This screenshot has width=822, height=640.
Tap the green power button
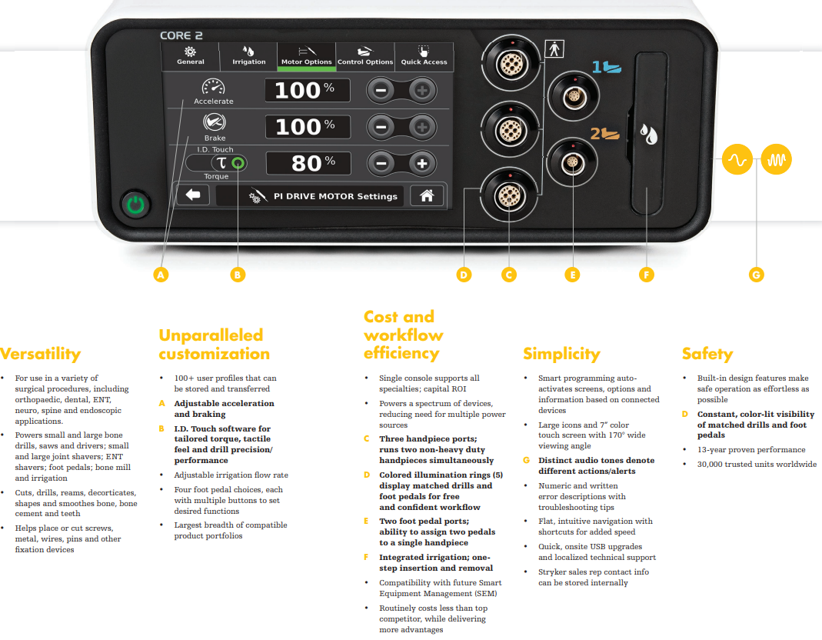136,204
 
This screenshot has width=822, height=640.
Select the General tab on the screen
190,56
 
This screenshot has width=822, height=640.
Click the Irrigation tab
248,56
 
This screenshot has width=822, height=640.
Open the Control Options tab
365,56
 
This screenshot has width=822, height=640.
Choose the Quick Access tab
424,56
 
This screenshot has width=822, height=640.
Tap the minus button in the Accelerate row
381,90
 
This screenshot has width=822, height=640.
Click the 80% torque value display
308,163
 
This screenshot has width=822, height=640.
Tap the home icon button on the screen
427,195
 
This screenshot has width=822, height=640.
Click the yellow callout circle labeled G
756,275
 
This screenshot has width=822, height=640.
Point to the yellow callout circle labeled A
161,275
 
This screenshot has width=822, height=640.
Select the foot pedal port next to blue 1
574,97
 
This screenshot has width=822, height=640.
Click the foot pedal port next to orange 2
572,162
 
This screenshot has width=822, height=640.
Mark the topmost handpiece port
510,64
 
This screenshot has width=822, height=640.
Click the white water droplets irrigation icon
648,134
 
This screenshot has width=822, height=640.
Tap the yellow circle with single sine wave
737,159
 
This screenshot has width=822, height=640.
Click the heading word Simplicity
561,354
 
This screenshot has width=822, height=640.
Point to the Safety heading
707,354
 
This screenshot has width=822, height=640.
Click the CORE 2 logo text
181,35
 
